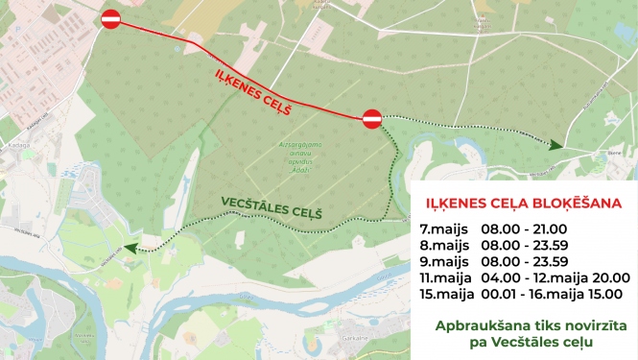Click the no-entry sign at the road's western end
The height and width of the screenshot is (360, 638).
(111, 18)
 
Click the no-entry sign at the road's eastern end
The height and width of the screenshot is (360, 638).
(372, 118)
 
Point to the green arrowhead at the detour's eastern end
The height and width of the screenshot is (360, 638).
(555, 145)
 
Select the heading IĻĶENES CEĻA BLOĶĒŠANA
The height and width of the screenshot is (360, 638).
(523, 204)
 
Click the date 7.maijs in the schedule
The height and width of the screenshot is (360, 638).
(445, 228)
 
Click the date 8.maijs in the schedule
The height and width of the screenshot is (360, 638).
(445, 245)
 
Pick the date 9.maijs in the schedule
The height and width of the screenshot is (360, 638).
(445, 261)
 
